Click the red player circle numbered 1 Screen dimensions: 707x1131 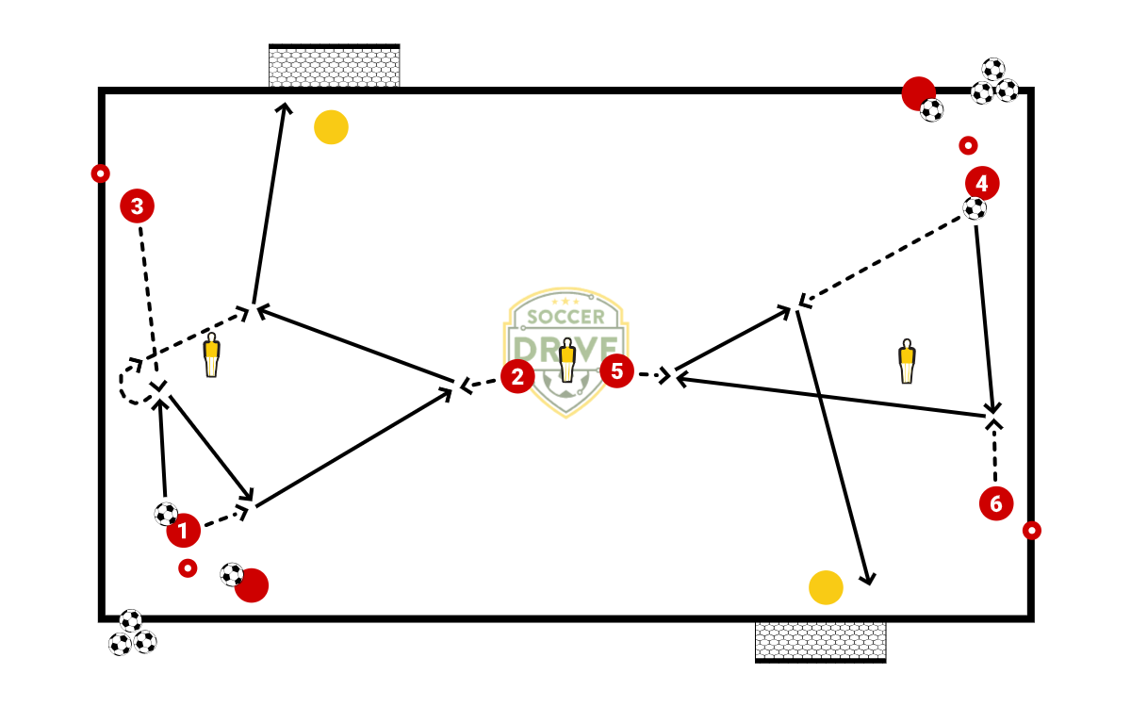click(183, 531)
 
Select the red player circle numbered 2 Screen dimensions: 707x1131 click(517, 377)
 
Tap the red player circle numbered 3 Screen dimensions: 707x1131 click(137, 206)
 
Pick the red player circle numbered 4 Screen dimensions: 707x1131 click(982, 182)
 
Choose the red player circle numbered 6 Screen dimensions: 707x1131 click(996, 503)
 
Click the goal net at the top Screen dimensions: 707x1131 click(334, 66)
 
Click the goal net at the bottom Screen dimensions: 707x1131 click(820, 641)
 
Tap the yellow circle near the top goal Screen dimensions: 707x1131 click(331, 127)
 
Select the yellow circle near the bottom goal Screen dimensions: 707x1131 click(826, 587)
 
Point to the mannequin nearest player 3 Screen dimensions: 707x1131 click(211, 355)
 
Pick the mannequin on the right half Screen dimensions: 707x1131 click(907, 361)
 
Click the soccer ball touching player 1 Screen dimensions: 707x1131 click(166, 514)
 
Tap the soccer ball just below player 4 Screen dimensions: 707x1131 click(975, 208)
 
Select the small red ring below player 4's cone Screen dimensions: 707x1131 click(968, 145)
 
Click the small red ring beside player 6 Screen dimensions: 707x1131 click(1032, 531)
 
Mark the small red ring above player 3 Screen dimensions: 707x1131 click(100, 173)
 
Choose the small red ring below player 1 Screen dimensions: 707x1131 click(188, 568)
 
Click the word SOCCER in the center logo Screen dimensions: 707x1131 click(565, 318)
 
